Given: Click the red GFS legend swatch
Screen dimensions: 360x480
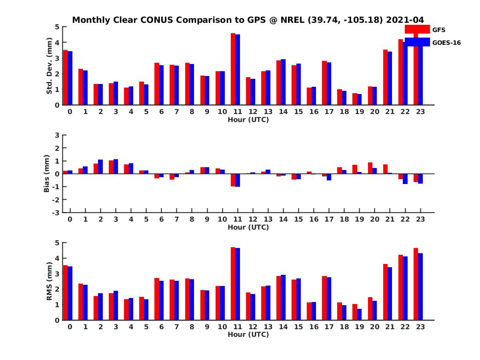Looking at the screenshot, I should pyautogui.click(x=417, y=29).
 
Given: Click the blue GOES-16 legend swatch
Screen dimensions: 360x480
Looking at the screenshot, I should pyautogui.click(x=417, y=42).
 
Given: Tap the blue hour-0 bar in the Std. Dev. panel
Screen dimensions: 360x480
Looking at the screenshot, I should pyautogui.click(x=70, y=78).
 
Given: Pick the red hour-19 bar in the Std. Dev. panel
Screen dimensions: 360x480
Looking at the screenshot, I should pyautogui.click(x=355, y=99).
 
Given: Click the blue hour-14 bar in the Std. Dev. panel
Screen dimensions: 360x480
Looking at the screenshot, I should pyautogui.click(x=283, y=82).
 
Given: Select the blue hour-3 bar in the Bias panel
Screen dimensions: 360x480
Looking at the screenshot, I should pyautogui.click(x=116, y=166).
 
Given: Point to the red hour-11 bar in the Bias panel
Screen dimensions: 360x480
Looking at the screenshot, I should pyautogui.click(x=233, y=180).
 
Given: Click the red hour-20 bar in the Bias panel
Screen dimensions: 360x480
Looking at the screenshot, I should pyautogui.click(x=370, y=168).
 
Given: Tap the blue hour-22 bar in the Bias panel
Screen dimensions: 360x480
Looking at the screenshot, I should pyautogui.click(x=405, y=179).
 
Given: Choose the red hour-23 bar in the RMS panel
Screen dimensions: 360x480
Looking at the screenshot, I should pyautogui.click(x=416, y=284).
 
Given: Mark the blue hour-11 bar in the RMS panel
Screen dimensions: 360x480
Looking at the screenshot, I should pyautogui.click(x=238, y=284).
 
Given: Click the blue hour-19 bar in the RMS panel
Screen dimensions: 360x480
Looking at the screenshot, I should pyautogui.click(x=359, y=314).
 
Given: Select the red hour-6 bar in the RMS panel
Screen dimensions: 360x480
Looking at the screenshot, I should pyautogui.click(x=157, y=299).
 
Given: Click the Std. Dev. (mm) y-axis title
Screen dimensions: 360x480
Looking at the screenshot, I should pyautogui.click(x=49, y=66).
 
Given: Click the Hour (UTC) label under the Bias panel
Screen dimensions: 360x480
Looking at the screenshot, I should pyautogui.click(x=248, y=227).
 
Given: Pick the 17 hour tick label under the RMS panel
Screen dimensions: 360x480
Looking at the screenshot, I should pyautogui.click(x=329, y=327).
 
